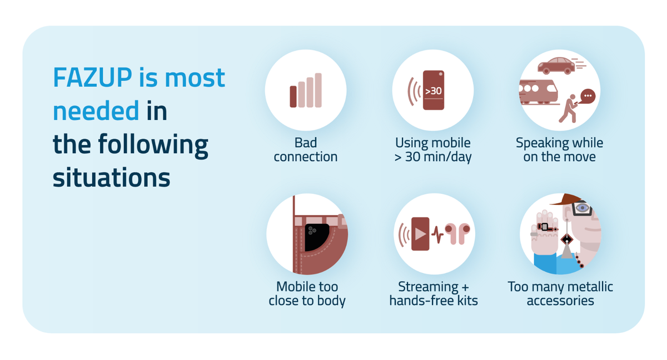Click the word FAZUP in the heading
tap(92, 77)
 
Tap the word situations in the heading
tap(111, 178)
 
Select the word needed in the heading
tap(96, 111)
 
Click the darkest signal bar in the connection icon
tap(293, 97)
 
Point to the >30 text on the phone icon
tap(433, 91)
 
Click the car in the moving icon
tap(556, 66)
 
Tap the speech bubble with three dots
tap(588, 96)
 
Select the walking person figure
tap(568, 109)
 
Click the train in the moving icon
tap(538, 92)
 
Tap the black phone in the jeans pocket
tap(316, 237)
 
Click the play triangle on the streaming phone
tap(420, 234)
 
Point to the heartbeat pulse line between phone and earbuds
tap(437, 235)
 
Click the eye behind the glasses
tap(582, 208)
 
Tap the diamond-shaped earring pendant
tap(566, 239)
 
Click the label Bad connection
tap(306, 150)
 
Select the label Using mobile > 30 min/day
tap(433, 150)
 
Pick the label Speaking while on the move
tap(560, 150)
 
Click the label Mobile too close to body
tap(307, 294)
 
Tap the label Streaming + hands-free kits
tap(434, 294)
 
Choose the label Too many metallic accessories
tap(560, 294)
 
